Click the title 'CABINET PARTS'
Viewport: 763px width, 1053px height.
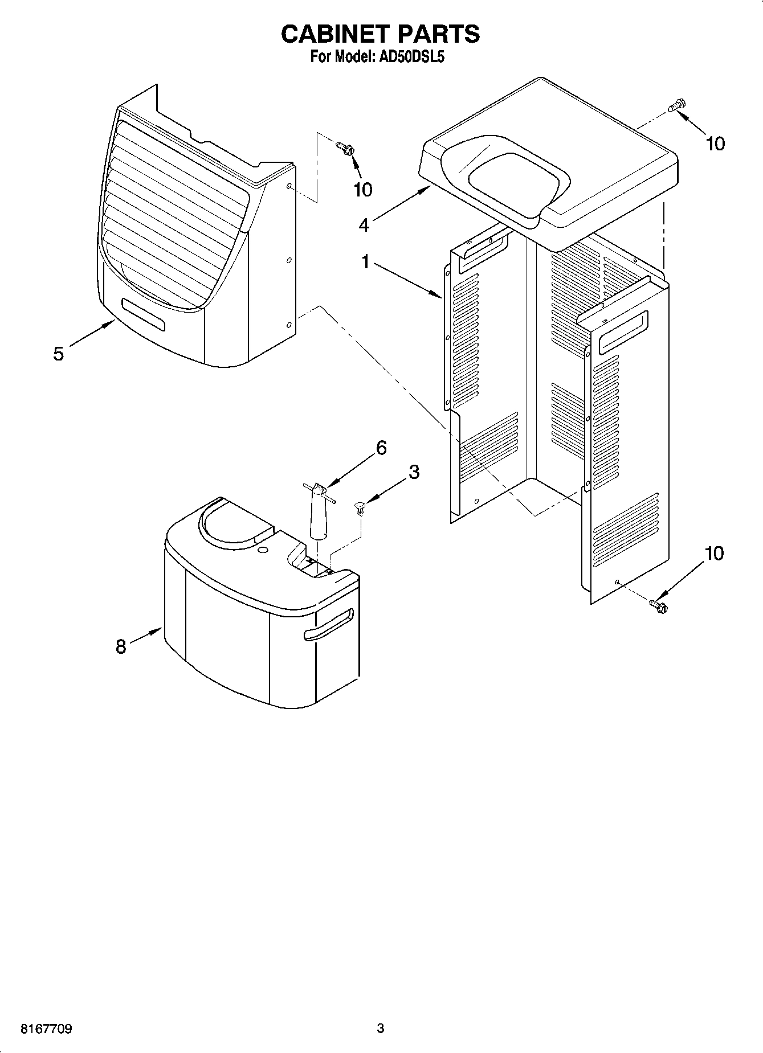tap(381, 34)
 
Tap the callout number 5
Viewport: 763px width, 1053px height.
tap(58, 354)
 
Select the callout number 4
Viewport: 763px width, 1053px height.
tap(364, 225)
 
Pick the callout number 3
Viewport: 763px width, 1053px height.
tap(414, 472)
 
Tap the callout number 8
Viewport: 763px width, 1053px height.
tap(121, 646)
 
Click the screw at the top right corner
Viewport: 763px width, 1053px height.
tap(678, 106)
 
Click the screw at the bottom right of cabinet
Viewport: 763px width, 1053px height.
tap(659, 605)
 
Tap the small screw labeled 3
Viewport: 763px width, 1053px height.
tap(359, 507)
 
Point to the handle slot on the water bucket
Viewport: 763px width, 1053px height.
tap(329, 625)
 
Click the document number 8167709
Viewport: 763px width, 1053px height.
tap(46, 1029)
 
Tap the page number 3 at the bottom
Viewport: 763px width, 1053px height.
tap(381, 1028)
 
